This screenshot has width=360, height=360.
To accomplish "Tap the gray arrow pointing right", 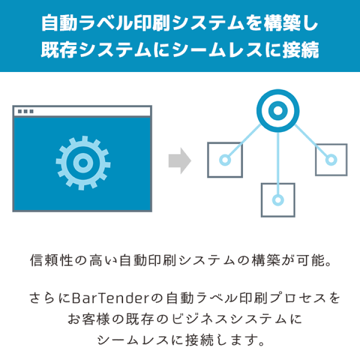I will tap(179, 161).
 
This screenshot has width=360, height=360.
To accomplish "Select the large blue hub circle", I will tap(277, 110).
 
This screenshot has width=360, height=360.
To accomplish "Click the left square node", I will tap(225, 160).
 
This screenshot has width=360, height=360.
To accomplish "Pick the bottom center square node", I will tap(278, 199).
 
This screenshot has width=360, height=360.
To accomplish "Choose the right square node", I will tap(331, 160).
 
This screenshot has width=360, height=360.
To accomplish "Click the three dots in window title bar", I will tap(25, 111).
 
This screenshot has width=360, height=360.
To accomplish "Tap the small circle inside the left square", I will tap(225, 160).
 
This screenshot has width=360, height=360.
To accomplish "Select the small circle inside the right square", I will tap(331, 160).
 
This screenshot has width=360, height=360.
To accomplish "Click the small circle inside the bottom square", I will tap(278, 200).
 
